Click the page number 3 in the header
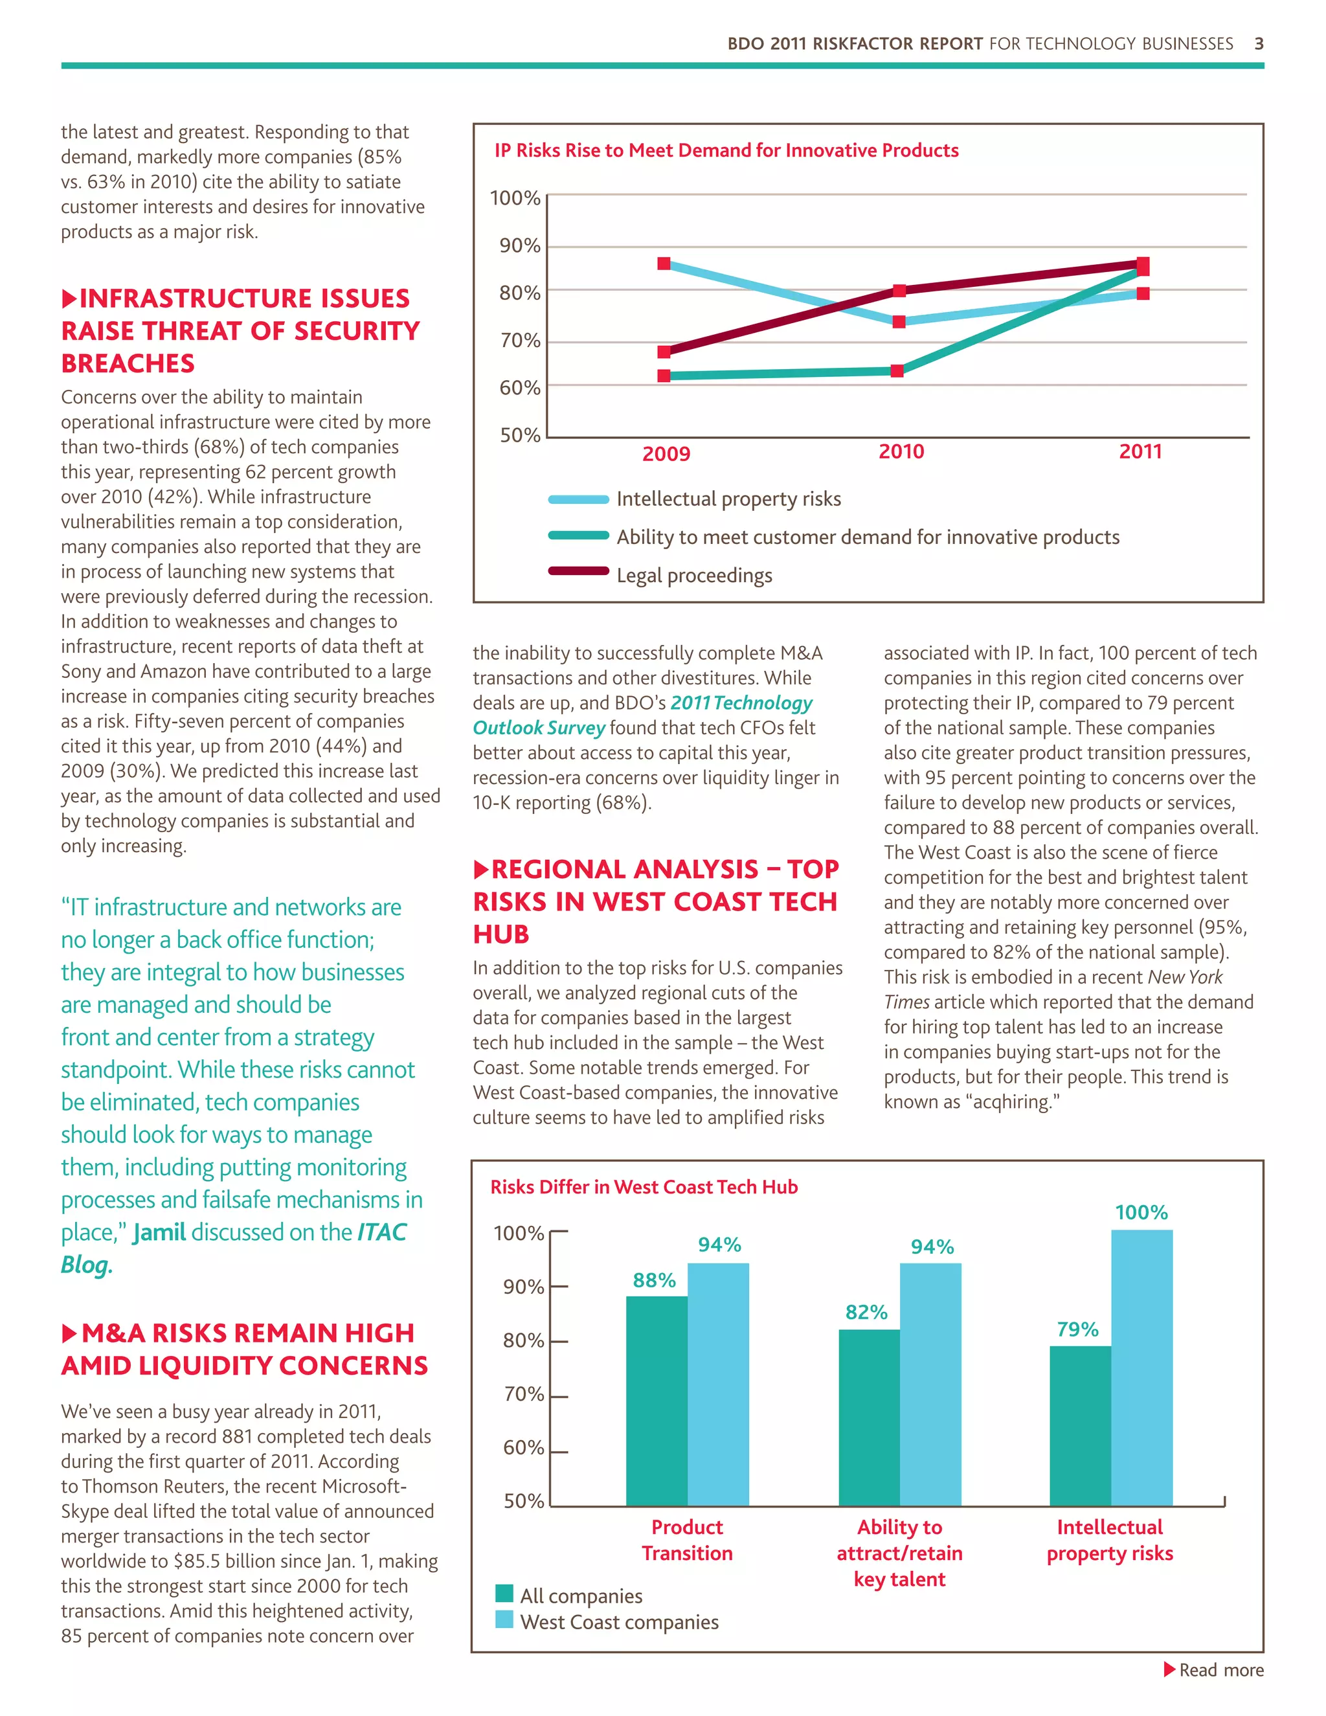[1259, 44]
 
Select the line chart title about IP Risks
[726, 150]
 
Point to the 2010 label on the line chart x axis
[901, 452]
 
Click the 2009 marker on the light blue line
[664, 264]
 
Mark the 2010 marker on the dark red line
[899, 291]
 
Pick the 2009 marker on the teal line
[664, 376]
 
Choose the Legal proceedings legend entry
[693, 575]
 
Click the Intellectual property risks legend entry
[728, 499]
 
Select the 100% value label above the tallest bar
[1141, 1212]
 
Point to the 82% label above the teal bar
[866, 1312]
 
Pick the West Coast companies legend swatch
[504, 1620]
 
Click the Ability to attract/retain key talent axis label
[899, 1553]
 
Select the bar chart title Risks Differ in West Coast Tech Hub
[644, 1186]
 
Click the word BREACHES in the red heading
[128, 363]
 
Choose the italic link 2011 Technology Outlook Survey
[642, 715]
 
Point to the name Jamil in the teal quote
[159, 1232]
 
